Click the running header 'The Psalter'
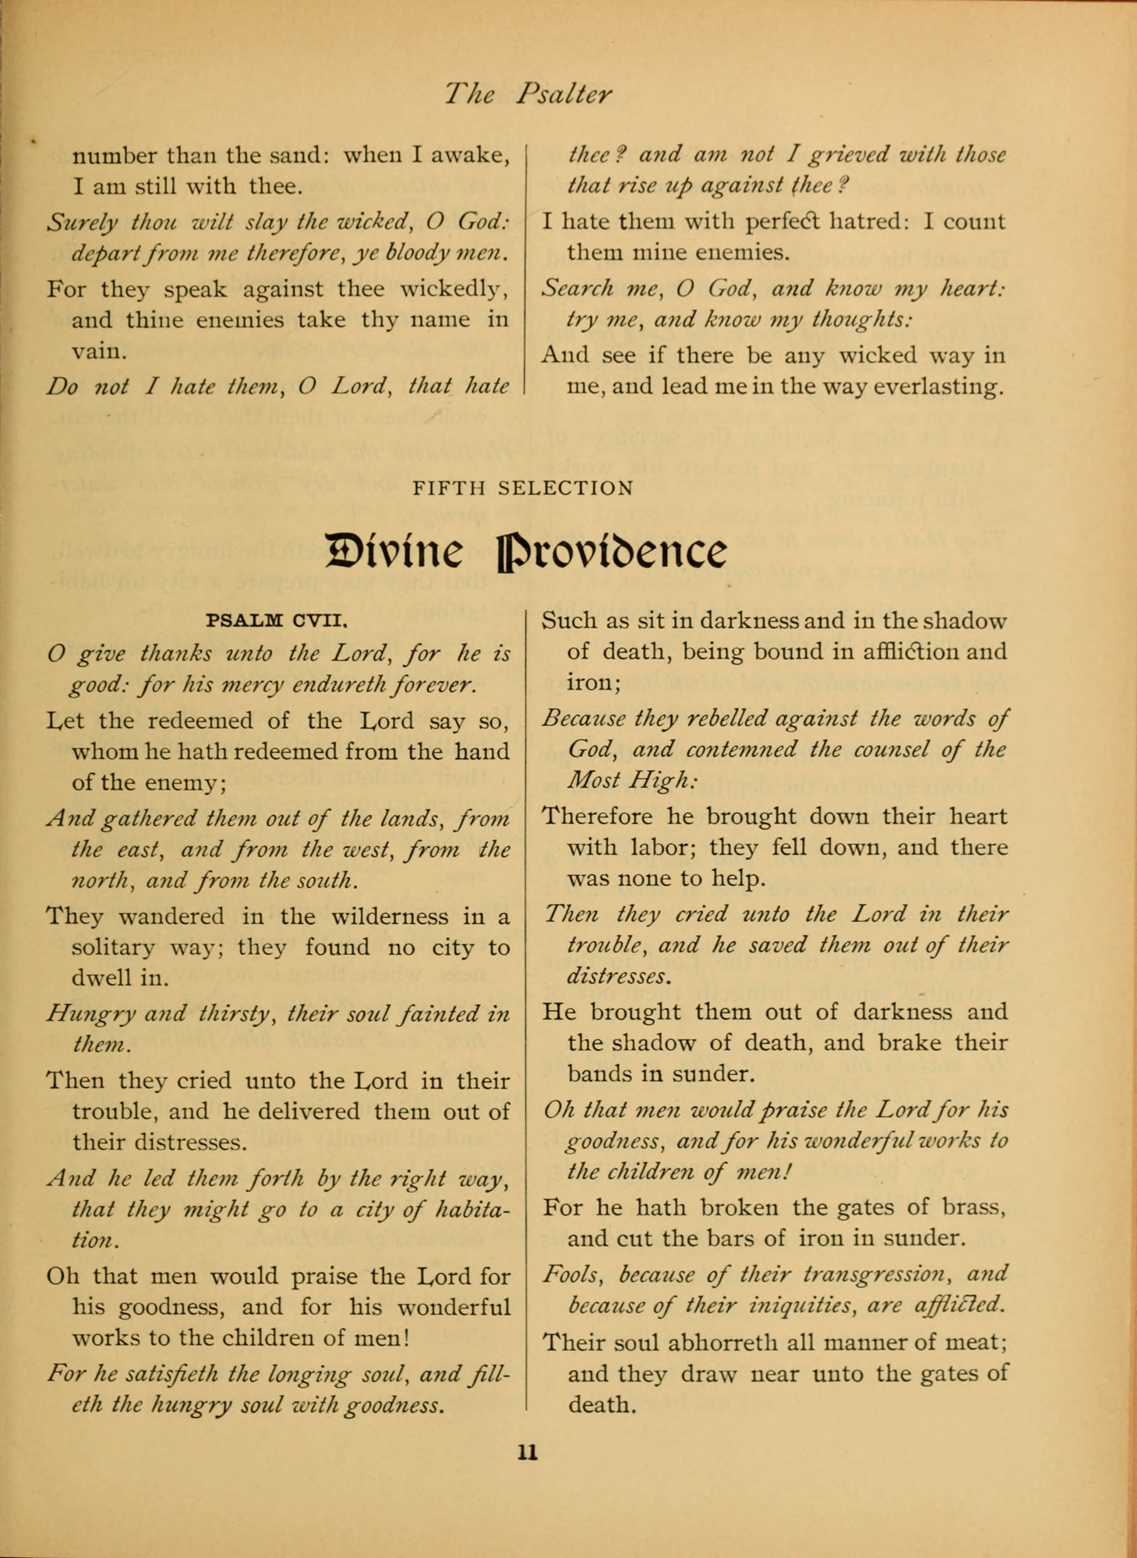click(528, 94)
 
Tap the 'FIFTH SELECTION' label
click(523, 489)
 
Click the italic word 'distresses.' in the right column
click(617, 976)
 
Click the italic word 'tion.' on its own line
click(95, 1241)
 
